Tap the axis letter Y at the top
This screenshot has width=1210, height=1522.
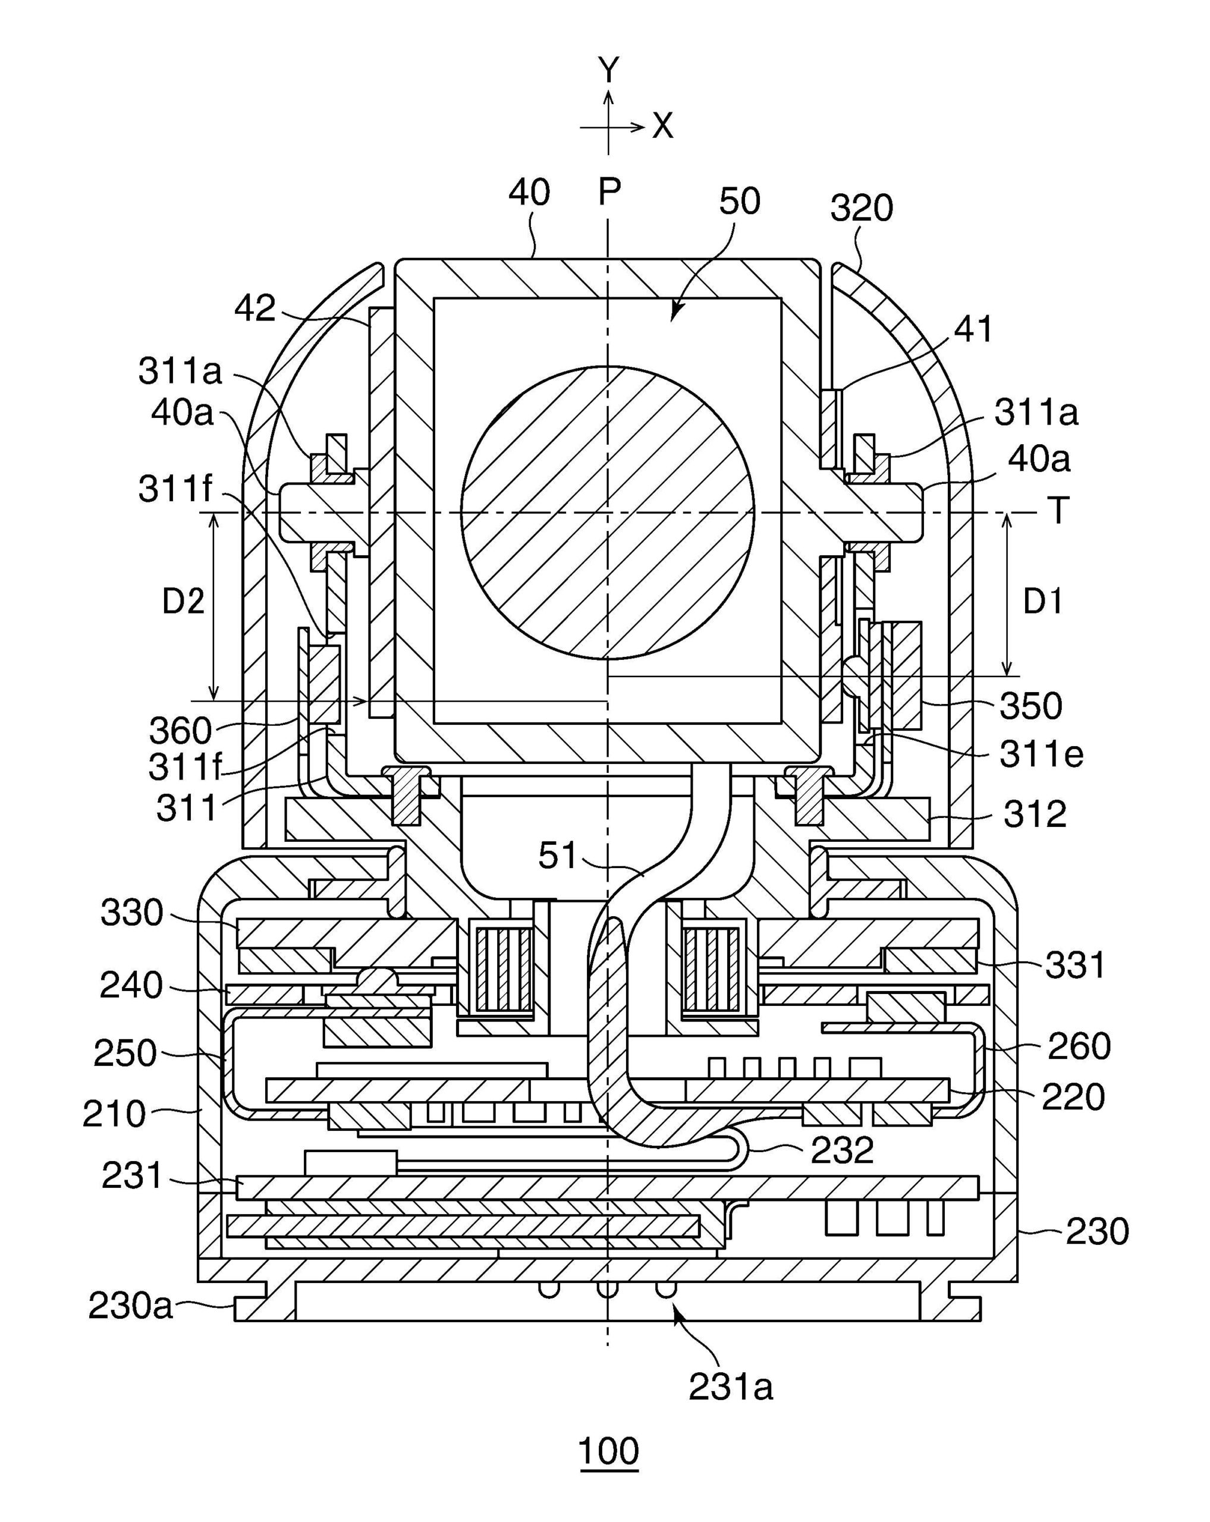click(x=608, y=71)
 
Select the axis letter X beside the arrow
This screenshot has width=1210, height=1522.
click(x=662, y=127)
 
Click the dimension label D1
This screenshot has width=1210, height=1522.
click(x=1044, y=602)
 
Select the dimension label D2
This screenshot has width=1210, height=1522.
click(x=184, y=602)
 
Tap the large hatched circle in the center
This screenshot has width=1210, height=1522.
click(x=607, y=512)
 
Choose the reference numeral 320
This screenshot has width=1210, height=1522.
click(x=861, y=209)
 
